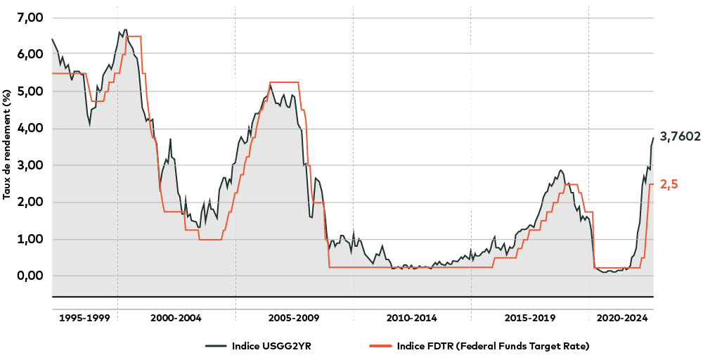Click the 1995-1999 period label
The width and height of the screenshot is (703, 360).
pyautogui.click(x=84, y=318)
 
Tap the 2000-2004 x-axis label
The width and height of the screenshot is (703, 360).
pyautogui.click(x=176, y=318)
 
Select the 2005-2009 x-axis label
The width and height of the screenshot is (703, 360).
pyautogui.click(x=295, y=318)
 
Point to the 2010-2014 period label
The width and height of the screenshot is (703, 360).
pyautogui.click(x=412, y=318)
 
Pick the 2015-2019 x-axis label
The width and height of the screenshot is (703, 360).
pyautogui.click(x=530, y=318)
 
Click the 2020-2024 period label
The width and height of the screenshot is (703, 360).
pyautogui.click(x=621, y=318)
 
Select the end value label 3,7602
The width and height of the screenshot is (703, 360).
pyautogui.click(x=680, y=137)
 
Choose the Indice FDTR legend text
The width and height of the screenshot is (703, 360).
pyautogui.click(x=492, y=346)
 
